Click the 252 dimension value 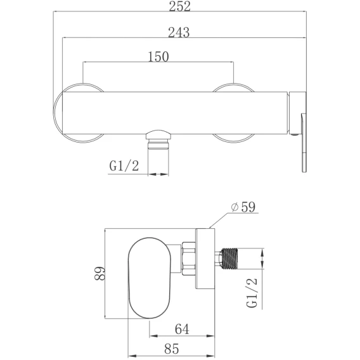(180, 6)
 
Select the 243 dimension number (179, 32)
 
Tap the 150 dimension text (158, 56)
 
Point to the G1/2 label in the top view (124, 166)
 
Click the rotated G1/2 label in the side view (252, 293)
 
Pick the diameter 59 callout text (243, 207)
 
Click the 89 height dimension (100, 273)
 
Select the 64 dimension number (182, 329)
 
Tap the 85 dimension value (172, 349)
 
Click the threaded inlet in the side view (229, 259)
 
